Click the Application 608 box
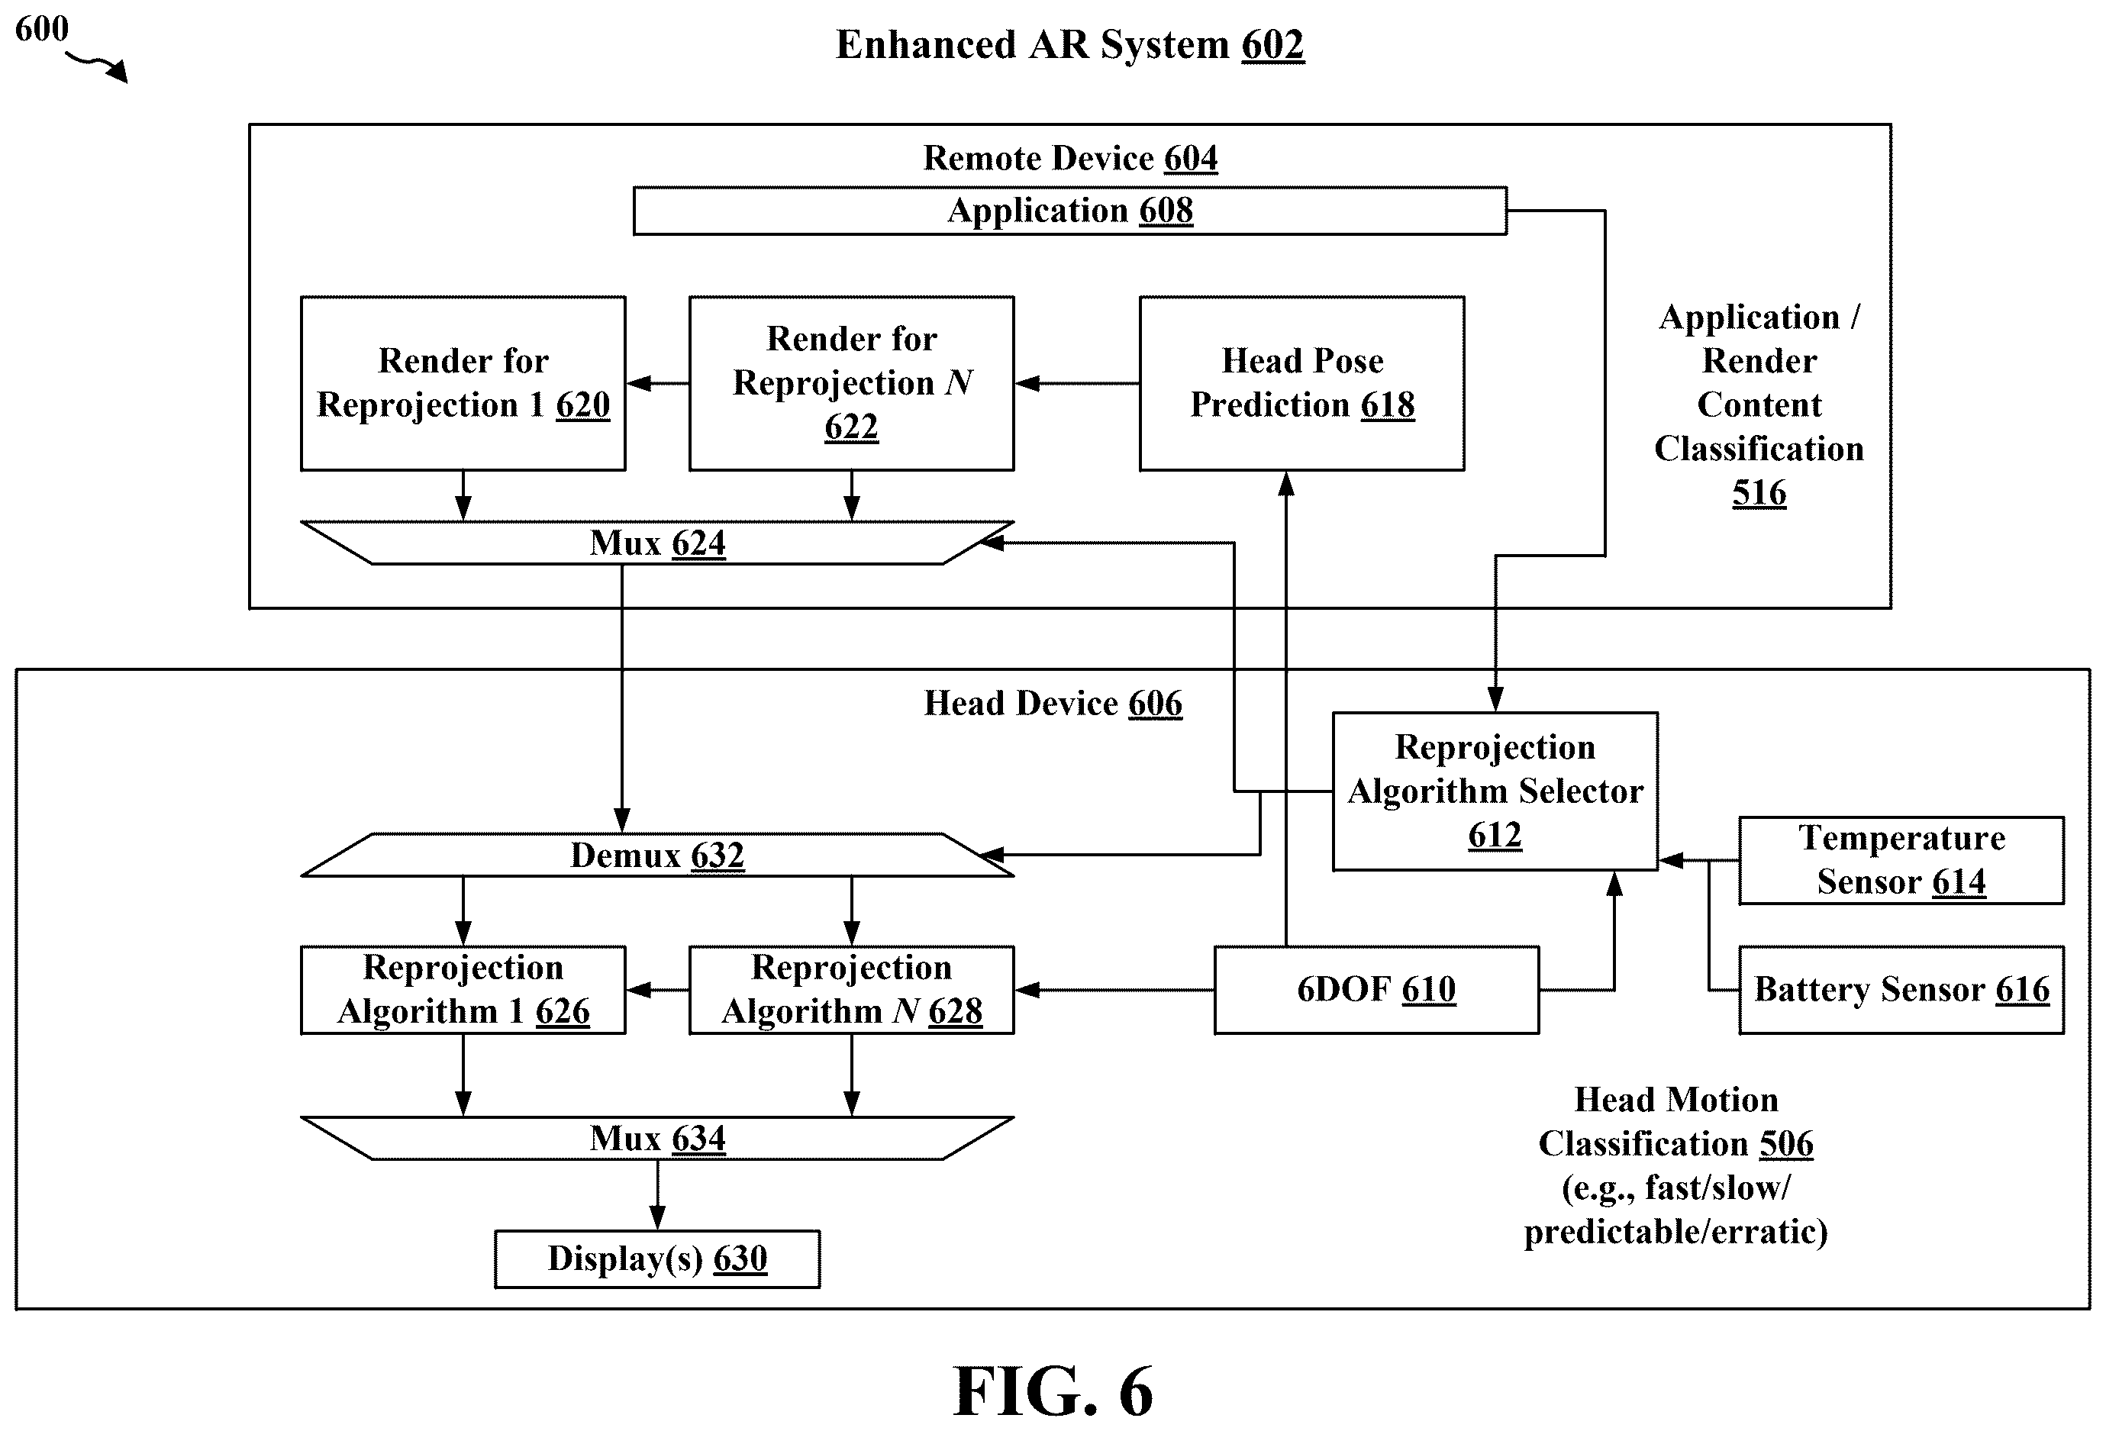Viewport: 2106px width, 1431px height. click(1069, 211)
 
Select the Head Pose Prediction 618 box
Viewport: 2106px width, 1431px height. click(1301, 383)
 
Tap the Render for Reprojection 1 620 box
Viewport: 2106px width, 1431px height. click(463, 383)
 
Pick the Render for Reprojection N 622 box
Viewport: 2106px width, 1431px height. click(851, 383)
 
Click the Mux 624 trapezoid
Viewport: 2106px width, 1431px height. click(657, 543)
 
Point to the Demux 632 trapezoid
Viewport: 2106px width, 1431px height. click(657, 855)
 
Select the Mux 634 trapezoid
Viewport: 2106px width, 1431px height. click(657, 1138)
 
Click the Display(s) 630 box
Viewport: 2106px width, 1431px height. click(657, 1259)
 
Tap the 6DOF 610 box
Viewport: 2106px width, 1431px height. click(1376, 990)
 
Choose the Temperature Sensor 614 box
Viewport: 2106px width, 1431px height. click(1901, 860)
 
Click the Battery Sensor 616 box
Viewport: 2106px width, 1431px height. click(1901, 990)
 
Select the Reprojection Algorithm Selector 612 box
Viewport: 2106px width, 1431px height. click(1495, 791)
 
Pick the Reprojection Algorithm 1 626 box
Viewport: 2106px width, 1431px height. click(463, 990)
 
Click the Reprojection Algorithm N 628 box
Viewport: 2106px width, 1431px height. click(851, 990)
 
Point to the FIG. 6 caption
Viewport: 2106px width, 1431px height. click(1053, 1391)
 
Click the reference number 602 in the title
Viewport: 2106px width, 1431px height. click(1272, 44)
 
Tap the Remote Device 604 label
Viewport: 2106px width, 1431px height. click(1070, 158)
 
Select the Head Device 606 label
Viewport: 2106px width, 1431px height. click(1053, 703)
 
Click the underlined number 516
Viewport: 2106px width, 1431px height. click(1759, 493)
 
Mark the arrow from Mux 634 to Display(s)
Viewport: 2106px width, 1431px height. click(658, 1194)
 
